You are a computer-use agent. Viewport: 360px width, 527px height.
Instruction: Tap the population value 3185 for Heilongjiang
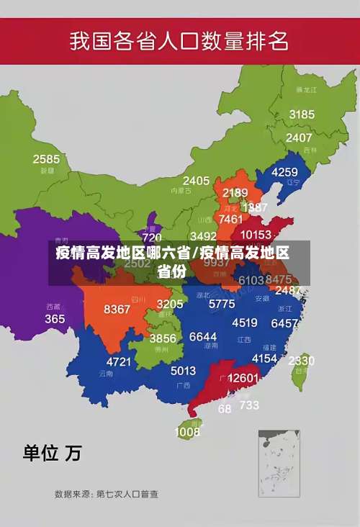pyautogui.click(x=302, y=114)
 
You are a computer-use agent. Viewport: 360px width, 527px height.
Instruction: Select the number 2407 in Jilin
pyautogui.click(x=299, y=138)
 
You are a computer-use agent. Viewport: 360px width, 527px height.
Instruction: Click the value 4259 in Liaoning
pyautogui.click(x=284, y=172)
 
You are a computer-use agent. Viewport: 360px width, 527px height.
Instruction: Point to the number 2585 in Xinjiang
pyautogui.click(x=46, y=159)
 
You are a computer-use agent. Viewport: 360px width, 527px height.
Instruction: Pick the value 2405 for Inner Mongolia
pyautogui.click(x=196, y=181)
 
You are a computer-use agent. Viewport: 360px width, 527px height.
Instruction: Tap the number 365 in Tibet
pyautogui.click(x=55, y=319)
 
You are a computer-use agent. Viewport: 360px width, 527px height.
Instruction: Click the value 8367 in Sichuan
pyautogui.click(x=117, y=310)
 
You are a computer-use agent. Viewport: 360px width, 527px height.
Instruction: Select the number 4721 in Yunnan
pyautogui.click(x=119, y=361)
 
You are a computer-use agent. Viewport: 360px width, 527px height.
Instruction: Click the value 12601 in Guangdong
pyautogui.click(x=243, y=378)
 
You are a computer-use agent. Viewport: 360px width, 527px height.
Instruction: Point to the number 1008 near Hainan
pyautogui.click(x=187, y=432)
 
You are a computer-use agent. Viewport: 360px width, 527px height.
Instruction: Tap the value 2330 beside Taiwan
pyautogui.click(x=301, y=361)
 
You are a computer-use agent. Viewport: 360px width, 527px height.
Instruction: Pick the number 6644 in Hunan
pyautogui.click(x=203, y=337)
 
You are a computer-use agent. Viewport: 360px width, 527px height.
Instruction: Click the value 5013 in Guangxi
pyautogui.click(x=183, y=371)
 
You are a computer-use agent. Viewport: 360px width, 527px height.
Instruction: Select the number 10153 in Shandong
pyautogui.click(x=256, y=235)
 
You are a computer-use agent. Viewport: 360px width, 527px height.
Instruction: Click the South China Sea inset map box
pyautogui.click(x=279, y=463)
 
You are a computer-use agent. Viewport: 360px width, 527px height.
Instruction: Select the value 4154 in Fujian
pyautogui.click(x=264, y=358)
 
